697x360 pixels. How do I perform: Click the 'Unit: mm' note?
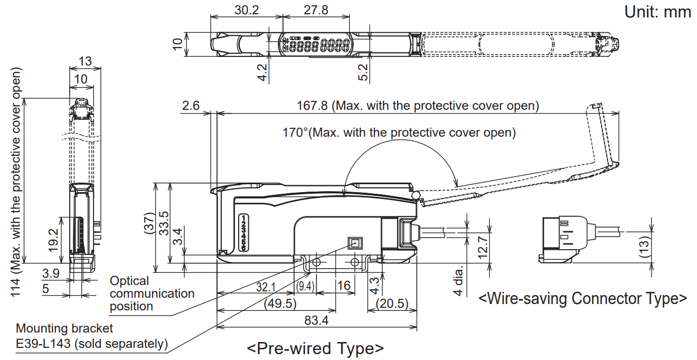pyautogui.click(x=657, y=12)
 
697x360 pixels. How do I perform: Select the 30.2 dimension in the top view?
pyautogui.click(x=246, y=10)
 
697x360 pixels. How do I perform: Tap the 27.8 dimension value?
pyautogui.click(x=316, y=10)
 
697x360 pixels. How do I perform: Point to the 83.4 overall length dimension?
pyautogui.click(x=316, y=320)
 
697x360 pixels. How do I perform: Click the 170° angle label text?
pyautogui.click(x=399, y=132)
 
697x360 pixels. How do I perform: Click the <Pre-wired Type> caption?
pyautogui.click(x=315, y=348)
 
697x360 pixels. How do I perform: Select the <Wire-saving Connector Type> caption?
pyautogui.click(x=583, y=298)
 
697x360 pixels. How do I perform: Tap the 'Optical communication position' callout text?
pyautogui.click(x=152, y=293)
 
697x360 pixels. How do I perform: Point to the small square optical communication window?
pyautogui.click(x=353, y=243)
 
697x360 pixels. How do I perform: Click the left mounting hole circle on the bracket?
pyautogui.click(x=316, y=262)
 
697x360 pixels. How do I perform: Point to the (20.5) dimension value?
pyautogui.click(x=391, y=304)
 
